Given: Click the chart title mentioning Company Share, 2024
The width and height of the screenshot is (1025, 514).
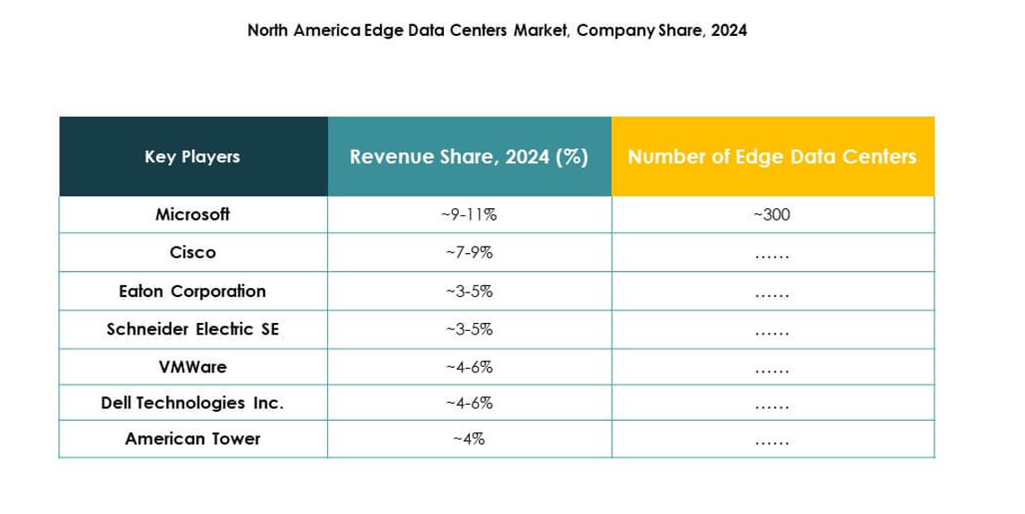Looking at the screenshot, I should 497,30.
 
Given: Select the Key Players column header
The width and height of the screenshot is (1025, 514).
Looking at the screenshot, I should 192,157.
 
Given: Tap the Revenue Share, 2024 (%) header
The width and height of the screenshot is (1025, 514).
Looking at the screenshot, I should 469,157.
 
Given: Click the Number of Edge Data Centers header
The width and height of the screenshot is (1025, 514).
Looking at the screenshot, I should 772,157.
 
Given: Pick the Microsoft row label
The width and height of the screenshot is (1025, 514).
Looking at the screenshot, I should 192,214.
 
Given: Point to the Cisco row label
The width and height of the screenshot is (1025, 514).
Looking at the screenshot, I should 192,253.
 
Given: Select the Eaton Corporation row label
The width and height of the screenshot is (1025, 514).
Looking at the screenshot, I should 192,292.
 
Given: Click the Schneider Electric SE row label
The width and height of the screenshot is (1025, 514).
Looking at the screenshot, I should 192,329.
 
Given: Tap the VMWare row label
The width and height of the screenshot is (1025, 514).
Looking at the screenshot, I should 192,367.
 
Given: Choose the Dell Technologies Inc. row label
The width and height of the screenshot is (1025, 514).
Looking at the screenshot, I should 192,404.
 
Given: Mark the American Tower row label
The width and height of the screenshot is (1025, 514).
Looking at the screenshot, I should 192,440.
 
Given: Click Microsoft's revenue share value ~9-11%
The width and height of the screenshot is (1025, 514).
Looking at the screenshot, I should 469,215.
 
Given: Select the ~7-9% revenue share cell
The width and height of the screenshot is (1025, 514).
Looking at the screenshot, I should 469,253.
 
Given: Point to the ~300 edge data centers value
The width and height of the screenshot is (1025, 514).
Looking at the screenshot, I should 772,215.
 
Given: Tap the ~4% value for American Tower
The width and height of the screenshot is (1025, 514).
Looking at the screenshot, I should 469,440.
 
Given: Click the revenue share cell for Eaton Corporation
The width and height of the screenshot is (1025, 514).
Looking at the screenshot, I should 469,292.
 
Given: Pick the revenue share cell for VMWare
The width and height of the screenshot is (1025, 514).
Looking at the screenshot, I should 469,367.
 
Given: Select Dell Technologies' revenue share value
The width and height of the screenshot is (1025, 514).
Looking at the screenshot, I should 469,404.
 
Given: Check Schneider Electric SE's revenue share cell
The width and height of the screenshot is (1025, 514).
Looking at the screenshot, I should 469,329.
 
